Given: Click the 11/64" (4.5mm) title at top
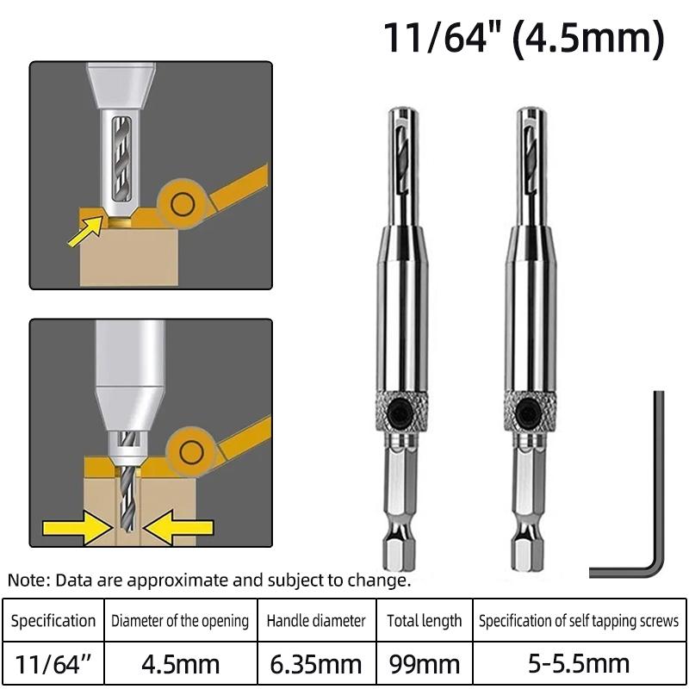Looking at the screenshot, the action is point(525,39).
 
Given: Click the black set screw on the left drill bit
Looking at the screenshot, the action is point(400,413).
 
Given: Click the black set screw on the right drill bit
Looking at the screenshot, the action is point(528,413).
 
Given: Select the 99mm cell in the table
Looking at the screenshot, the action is point(425,664).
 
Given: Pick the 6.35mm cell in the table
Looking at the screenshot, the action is point(316,664).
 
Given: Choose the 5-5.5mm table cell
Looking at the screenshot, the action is point(579,664).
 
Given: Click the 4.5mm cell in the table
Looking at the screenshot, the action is point(181,664).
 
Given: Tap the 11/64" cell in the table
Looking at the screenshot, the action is point(53,664).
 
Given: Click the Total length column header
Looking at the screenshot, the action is point(425,620).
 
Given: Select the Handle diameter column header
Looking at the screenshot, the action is point(316,620).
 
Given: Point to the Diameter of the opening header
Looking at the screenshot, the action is point(180,620).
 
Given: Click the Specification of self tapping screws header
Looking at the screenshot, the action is point(579,620).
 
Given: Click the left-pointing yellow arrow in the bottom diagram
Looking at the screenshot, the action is point(178,527).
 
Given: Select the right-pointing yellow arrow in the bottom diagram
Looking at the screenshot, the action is point(78,527).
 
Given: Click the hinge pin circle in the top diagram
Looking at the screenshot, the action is point(183,205).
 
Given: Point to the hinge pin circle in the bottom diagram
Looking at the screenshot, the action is point(191,453).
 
